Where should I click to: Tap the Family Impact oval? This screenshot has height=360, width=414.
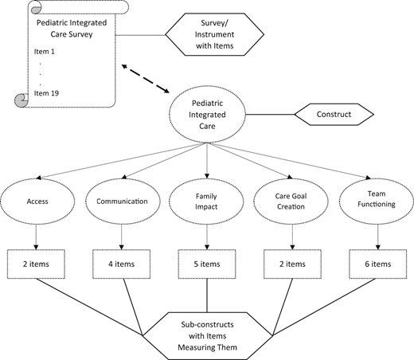[206, 202]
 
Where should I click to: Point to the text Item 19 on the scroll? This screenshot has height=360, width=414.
[49, 94]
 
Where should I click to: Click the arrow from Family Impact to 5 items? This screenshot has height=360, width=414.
[206, 236]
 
